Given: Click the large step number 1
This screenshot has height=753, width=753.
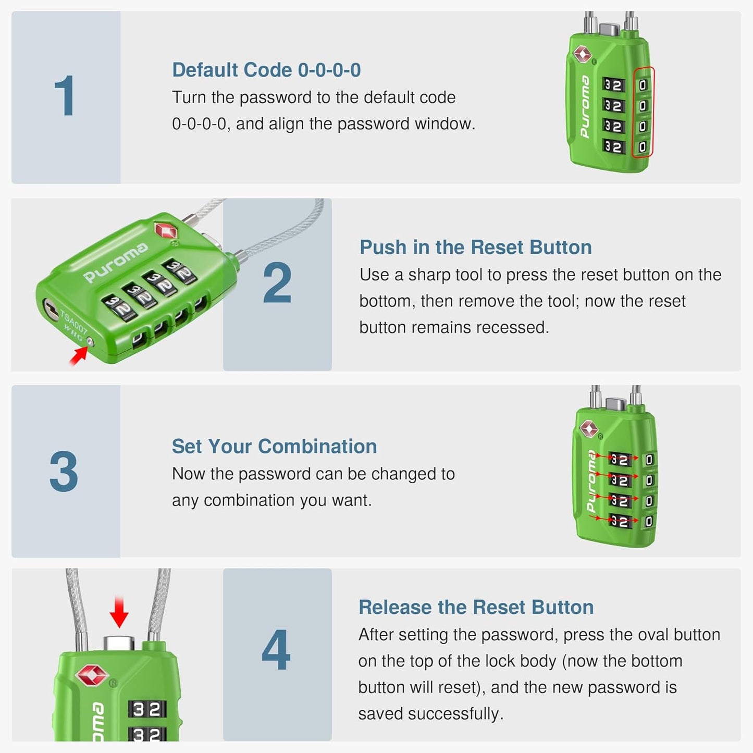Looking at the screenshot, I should point(65,96).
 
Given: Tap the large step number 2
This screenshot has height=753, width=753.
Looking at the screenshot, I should point(277,283).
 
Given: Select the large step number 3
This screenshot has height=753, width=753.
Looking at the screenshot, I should point(64,471).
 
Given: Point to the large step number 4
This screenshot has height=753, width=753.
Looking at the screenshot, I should point(276,650).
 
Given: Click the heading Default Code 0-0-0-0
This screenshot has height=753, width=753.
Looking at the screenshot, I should point(266,70).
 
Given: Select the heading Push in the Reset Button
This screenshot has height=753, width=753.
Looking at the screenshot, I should point(475,247).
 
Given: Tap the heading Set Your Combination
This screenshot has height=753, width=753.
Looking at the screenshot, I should point(274,446).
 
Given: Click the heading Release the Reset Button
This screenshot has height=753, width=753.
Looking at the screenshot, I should point(476,607).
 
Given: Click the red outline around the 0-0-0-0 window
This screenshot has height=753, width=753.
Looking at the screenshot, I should point(643,112).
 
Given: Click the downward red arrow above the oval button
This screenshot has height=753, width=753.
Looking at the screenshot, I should point(119,612).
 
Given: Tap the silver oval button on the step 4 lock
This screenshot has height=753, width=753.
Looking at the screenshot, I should point(119,643).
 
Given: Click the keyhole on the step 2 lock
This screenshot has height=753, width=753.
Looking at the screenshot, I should point(51,308).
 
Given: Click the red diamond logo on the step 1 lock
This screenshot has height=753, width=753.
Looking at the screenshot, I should point(582,54).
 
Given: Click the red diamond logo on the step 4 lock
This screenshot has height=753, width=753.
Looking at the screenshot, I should point(92,675).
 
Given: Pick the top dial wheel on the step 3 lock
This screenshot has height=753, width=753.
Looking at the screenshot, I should point(619,460).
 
